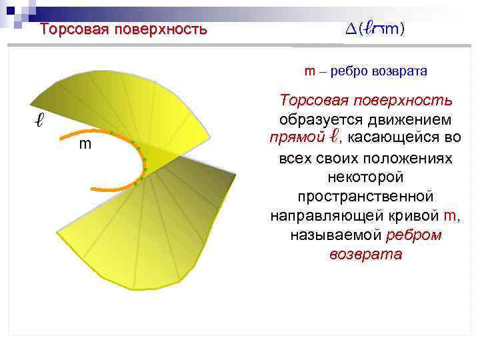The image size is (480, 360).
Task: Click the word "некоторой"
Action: [366, 178]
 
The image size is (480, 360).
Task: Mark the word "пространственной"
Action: [366, 197]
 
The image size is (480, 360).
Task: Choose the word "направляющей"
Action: [319, 217]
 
